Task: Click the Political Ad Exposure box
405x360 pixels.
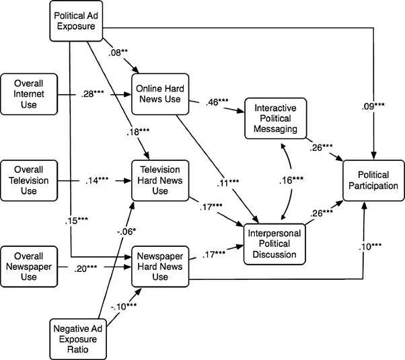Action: (76, 21)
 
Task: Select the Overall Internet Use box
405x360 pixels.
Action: (29, 94)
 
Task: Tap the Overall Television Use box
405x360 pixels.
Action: (29, 180)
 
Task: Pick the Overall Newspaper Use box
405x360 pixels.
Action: (29, 266)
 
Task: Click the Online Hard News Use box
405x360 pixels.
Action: (160, 94)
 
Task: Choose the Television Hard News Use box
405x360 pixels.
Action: (160, 180)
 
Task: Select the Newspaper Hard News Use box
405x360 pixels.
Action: (160, 266)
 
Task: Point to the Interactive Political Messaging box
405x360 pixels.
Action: (276, 118)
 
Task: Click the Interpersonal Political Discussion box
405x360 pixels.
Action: (274, 244)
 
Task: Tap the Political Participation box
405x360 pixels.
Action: (373, 180)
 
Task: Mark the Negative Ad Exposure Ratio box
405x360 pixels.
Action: (78, 339)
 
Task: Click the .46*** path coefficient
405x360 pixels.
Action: (217, 102)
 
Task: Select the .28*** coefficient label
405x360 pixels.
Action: (93, 94)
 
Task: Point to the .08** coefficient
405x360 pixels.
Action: (118, 52)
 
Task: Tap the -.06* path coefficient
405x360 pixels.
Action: (126, 232)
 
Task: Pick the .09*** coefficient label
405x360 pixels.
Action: (373, 106)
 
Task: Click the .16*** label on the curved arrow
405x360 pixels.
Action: (291, 180)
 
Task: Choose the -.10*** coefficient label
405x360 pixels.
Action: (124, 307)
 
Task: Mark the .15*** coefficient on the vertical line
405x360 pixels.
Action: (77, 221)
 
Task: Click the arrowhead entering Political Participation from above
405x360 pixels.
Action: (373, 156)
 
